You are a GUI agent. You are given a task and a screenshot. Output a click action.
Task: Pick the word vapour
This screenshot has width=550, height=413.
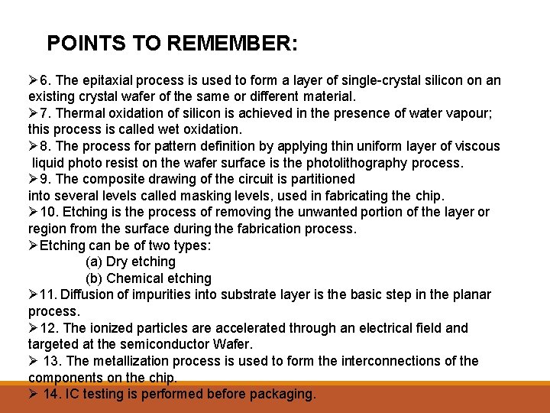454,113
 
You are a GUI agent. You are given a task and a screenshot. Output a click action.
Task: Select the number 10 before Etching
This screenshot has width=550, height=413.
47,212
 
